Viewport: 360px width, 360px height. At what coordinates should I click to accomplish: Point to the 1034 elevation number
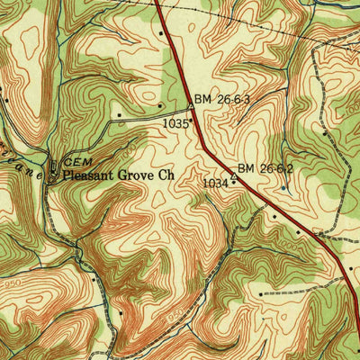(x=215, y=183)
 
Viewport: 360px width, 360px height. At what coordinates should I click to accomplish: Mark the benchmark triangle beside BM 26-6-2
(x=235, y=178)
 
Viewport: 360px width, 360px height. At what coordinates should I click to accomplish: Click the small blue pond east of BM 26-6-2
(x=284, y=188)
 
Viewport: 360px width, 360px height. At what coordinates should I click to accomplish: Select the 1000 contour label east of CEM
(x=135, y=144)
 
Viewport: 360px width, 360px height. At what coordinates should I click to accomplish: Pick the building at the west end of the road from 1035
(x=119, y=115)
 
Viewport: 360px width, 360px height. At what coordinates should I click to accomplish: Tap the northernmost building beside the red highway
(x=161, y=33)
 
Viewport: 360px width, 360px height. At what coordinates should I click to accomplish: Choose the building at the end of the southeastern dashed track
(x=261, y=293)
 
